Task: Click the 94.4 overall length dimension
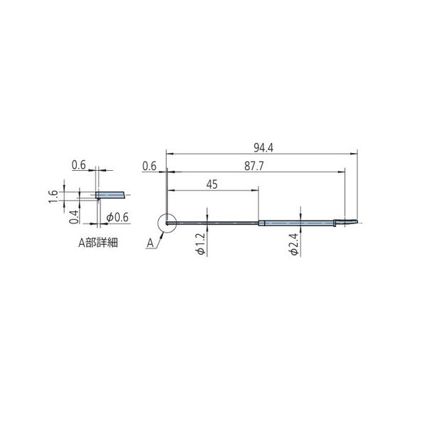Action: click(263, 148)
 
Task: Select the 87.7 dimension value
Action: click(254, 166)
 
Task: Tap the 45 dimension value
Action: click(212, 184)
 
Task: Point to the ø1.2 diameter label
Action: click(201, 244)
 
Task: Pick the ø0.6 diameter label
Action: click(117, 217)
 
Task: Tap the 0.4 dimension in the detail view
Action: click(73, 217)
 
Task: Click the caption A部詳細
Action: click(98, 243)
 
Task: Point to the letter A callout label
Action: click(150, 243)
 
